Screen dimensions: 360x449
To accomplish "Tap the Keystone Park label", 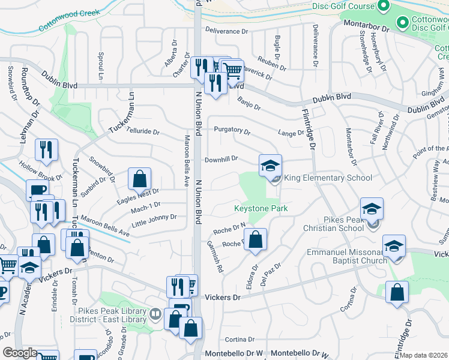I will click(261, 209).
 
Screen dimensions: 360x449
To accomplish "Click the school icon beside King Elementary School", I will click(270, 165).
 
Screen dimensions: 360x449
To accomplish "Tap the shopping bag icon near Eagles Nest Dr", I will click(139, 178).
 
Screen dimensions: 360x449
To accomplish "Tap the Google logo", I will click(20, 353).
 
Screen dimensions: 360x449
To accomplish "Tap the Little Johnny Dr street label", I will click(154, 218).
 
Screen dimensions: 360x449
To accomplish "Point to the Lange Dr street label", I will click(291, 133).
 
